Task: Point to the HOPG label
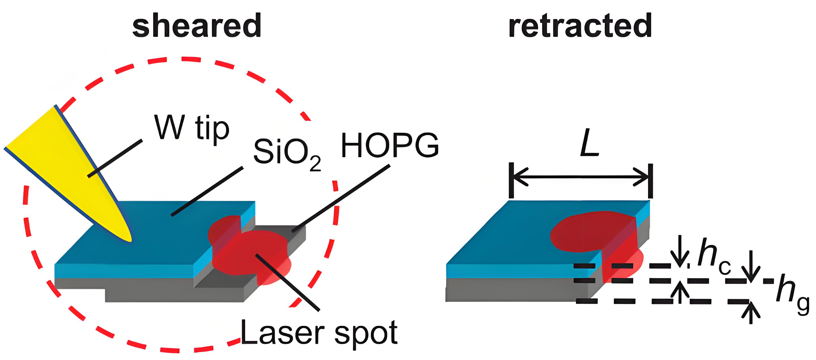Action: coord(390,145)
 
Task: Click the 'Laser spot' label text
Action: coord(319,333)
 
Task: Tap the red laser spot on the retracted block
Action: coord(596,241)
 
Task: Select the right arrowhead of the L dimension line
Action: coord(640,177)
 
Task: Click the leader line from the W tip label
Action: coord(115,158)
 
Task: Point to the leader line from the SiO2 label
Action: coord(207,191)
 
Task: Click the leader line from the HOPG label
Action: coord(341,198)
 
